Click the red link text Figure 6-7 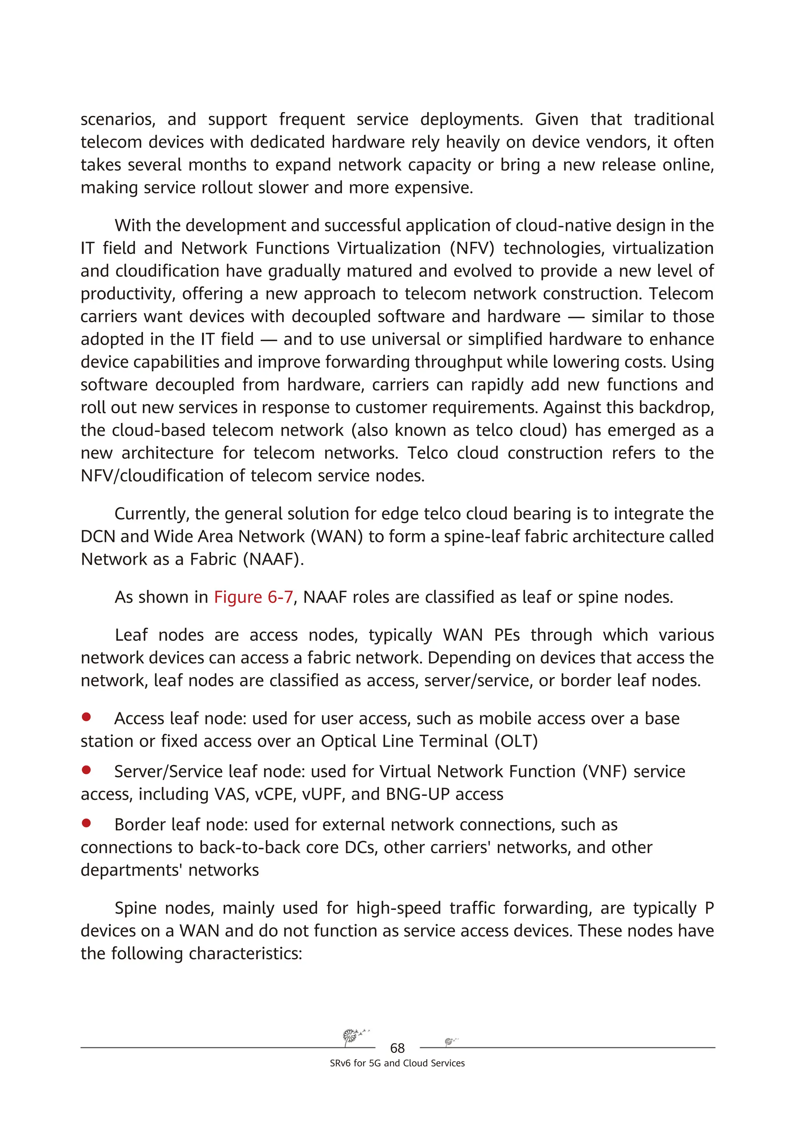coord(253,597)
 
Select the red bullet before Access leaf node coord(86,717)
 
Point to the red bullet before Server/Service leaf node coord(86,770)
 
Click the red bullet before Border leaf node coord(86,823)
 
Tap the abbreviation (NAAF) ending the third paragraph coord(274,559)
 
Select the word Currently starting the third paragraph coord(152,514)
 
